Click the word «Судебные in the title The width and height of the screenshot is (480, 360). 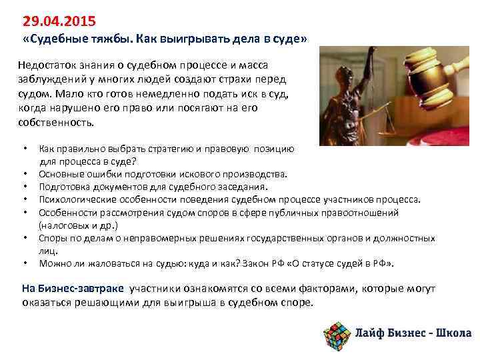(x=52, y=39)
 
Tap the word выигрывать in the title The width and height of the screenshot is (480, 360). (x=191, y=39)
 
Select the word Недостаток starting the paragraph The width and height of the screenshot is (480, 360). (x=49, y=64)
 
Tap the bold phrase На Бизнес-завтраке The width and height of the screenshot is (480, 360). (x=73, y=288)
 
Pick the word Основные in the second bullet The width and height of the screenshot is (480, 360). (x=59, y=175)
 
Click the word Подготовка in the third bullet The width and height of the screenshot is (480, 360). (x=63, y=187)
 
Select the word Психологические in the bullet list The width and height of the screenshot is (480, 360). (x=75, y=199)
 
